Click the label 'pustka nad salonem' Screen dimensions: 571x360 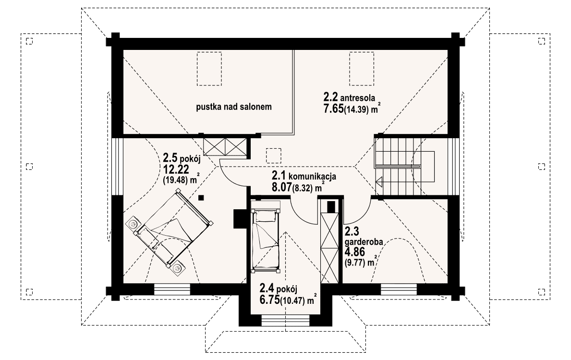point(234,107)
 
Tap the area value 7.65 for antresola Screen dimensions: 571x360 point(333,109)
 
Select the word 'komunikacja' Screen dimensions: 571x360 point(312,177)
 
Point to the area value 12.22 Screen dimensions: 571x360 point(174,169)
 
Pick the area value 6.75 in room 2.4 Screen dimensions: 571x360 point(269,300)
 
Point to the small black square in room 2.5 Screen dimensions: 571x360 point(201,198)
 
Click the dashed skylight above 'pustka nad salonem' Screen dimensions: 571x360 point(209,69)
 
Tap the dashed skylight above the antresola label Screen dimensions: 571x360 point(362,69)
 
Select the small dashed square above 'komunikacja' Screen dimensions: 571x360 point(274,156)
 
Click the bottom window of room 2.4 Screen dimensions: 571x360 point(285,321)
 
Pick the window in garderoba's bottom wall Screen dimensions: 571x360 point(399,289)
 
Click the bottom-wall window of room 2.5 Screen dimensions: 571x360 point(172,289)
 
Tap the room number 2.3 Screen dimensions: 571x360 point(352,231)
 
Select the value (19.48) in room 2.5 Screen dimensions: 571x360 point(175,180)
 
